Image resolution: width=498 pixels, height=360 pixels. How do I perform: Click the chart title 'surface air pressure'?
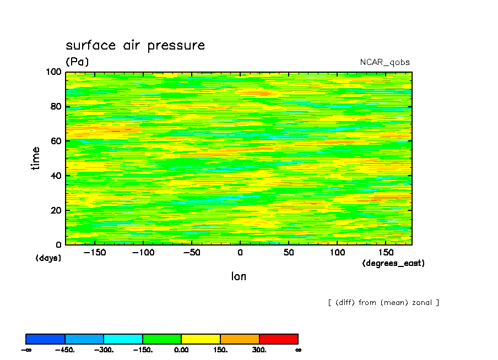pyautogui.click(x=135, y=45)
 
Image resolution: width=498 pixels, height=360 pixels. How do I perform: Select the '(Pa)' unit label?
pyautogui.click(x=77, y=62)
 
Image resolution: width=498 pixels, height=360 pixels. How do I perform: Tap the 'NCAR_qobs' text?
pyautogui.click(x=385, y=62)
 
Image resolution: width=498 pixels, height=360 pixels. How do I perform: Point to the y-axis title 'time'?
pyautogui.click(x=36, y=158)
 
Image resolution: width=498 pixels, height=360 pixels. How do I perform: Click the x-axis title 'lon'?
pyautogui.click(x=239, y=276)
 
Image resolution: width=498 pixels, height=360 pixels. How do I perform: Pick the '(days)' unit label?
pyautogui.click(x=48, y=258)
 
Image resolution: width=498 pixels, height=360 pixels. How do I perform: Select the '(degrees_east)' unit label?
pyautogui.click(x=393, y=263)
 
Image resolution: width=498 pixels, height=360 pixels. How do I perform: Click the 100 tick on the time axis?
pyautogui.click(x=54, y=72)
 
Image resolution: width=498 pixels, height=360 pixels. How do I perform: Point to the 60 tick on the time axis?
pyautogui.click(x=56, y=141)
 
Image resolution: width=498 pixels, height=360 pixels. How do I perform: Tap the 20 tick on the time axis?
pyautogui.click(x=56, y=210)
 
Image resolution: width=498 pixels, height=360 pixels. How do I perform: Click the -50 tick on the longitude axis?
pyautogui.click(x=191, y=252)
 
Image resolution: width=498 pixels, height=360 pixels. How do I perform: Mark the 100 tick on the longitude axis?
pyautogui.click(x=337, y=252)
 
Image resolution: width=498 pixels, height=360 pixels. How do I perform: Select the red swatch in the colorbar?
pyautogui.click(x=278, y=339)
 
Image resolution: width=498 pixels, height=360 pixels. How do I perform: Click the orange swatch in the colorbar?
pyautogui.click(x=240, y=339)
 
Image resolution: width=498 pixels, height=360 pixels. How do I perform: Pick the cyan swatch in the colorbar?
pyautogui.click(x=123, y=339)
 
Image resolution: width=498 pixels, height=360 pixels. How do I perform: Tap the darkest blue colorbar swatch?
pyautogui.click(x=45, y=339)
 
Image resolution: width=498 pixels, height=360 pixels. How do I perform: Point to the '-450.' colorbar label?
pyautogui.click(x=66, y=350)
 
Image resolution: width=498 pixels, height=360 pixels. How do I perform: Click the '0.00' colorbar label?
pyautogui.click(x=181, y=350)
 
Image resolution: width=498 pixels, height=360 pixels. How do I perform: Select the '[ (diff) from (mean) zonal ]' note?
pyautogui.click(x=383, y=302)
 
